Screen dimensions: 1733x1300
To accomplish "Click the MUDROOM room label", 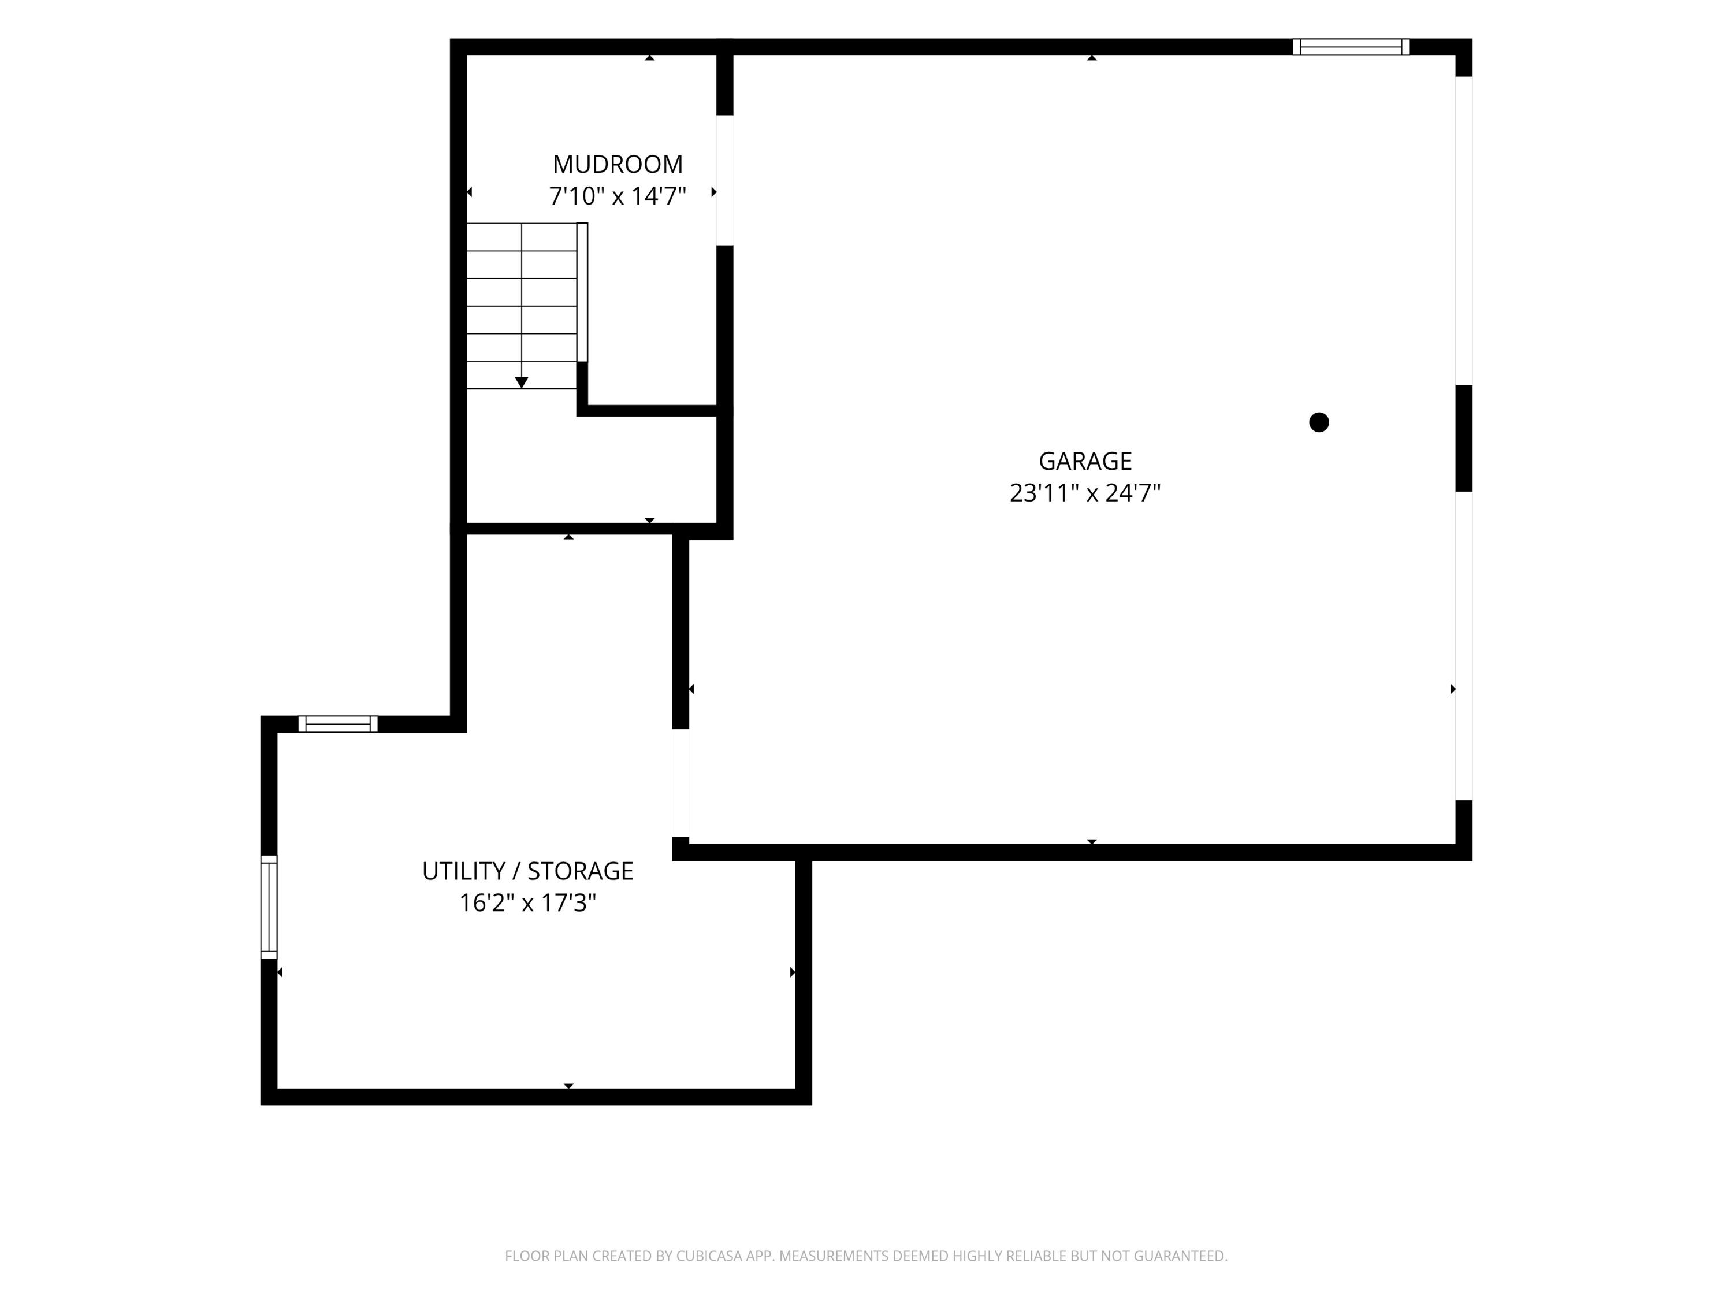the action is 618,165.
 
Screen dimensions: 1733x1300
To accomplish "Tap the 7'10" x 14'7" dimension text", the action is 618,196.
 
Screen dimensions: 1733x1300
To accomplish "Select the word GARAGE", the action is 1085,460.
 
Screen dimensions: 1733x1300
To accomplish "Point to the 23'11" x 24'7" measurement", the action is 1085,493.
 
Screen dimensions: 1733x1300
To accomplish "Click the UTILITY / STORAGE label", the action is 527,871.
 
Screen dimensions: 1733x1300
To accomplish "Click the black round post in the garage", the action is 1319,422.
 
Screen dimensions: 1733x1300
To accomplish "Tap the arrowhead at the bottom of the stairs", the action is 522,382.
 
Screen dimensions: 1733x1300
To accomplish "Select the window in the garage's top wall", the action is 1351,47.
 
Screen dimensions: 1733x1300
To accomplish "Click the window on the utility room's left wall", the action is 269,907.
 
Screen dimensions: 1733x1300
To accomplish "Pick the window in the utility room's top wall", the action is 338,724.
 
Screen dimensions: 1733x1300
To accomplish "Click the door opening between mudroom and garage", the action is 725,180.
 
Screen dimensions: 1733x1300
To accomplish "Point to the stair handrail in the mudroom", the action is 582,292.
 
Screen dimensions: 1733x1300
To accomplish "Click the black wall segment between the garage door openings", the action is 1463,438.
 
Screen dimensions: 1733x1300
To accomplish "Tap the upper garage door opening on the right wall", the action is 1463,231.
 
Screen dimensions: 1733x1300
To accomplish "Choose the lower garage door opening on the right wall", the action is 1463,646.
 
